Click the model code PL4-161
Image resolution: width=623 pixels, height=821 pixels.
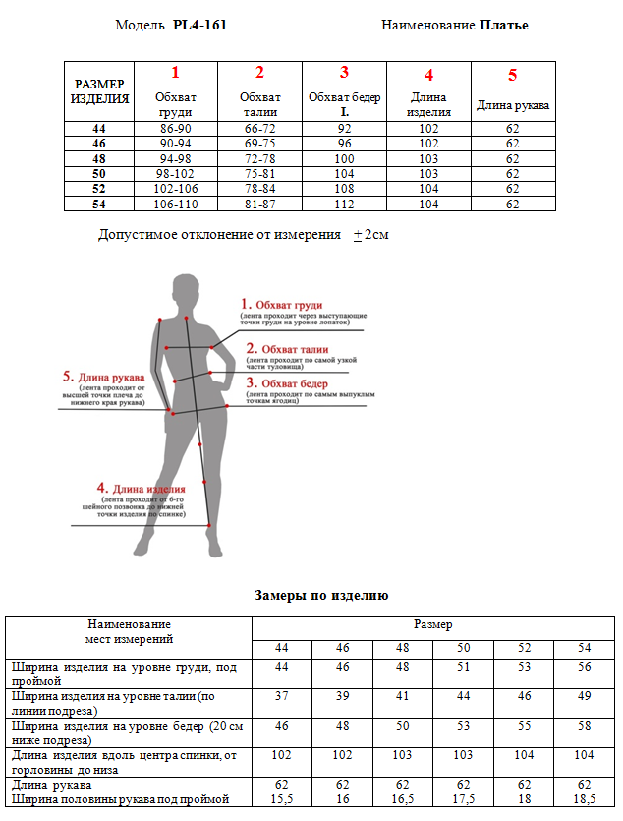tap(199, 25)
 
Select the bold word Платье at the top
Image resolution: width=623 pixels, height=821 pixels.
tap(504, 25)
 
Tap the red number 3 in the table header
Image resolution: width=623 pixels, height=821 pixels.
tap(344, 72)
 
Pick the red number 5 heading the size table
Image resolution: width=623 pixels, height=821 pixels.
tap(513, 75)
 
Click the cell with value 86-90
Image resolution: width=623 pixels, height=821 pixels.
tap(175, 129)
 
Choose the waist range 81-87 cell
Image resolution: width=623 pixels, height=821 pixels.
tap(259, 205)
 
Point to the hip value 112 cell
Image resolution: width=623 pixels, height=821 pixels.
tap(344, 205)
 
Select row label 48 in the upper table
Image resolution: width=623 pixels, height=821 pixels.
tap(98, 159)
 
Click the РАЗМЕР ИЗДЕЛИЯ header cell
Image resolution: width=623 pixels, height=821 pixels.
tap(99, 91)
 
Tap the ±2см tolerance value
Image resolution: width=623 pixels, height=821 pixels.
tap(370, 236)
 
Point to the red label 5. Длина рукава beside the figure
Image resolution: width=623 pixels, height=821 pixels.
tap(103, 377)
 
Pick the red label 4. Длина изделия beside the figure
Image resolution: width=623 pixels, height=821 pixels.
tap(142, 488)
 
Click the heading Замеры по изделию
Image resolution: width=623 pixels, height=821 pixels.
tap(321, 595)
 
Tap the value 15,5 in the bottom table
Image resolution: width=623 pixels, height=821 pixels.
tap(282, 800)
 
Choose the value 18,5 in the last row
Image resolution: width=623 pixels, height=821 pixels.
tap(584, 800)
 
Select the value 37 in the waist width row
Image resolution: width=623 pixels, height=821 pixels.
tap(282, 696)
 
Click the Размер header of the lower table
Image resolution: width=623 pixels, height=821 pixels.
tap(432, 625)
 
